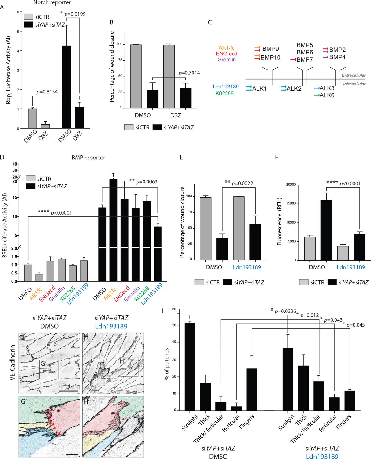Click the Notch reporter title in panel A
coord(52,3)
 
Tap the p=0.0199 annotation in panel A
coord(75,14)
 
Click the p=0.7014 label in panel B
coord(189,73)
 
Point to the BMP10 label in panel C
coord(270,58)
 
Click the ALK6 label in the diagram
coord(327,95)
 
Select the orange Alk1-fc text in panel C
coord(227,48)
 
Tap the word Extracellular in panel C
coord(354,75)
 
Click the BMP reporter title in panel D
coord(88,158)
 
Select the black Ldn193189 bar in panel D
coord(158,253)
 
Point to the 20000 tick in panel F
coord(291,185)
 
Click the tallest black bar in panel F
coord(326,230)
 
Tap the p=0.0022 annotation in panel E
coord(242,183)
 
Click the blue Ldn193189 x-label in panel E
coord(247,267)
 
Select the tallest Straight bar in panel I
coord(189,366)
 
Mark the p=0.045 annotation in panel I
coord(355,325)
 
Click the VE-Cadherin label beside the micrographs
coord(13,363)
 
